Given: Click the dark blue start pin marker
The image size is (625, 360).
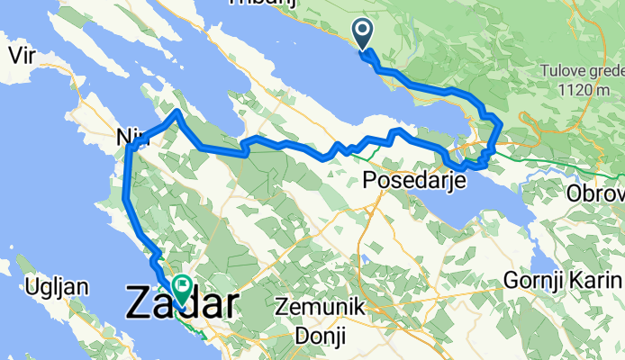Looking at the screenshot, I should (363, 34).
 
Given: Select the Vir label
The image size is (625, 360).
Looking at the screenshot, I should (22, 55).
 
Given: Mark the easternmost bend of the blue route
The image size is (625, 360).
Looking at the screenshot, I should (499, 126).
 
